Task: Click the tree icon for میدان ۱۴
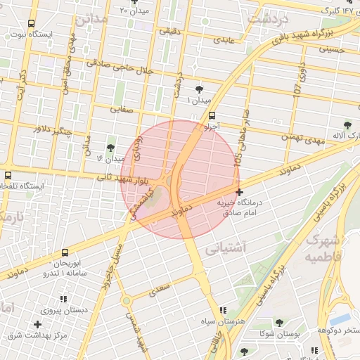[110, 148]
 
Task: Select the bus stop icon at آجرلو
[212, 117]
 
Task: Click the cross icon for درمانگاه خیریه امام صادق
[240, 192]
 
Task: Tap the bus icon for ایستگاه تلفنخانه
[8, 175]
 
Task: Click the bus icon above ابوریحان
[65, 252]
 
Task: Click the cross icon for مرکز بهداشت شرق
[37, 324]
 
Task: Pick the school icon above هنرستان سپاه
[224, 310]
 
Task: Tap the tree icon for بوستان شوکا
[279, 323]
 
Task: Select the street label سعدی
[161, 286]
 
